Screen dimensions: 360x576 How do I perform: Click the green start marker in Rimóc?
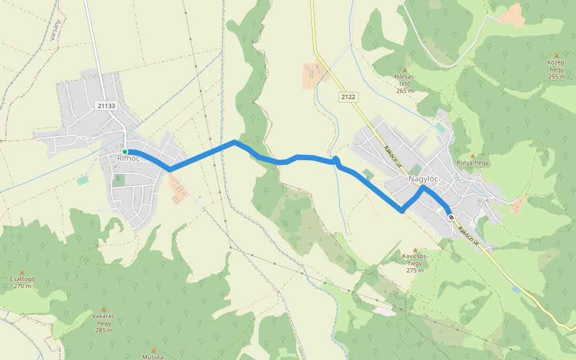(x=125, y=152)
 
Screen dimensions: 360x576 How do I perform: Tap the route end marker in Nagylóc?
(x=451, y=217)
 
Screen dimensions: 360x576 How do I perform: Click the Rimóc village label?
(x=128, y=158)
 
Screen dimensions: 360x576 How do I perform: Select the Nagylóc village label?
(x=423, y=179)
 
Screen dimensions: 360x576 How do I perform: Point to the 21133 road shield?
(x=106, y=106)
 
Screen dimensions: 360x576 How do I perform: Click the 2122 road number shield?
(x=347, y=96)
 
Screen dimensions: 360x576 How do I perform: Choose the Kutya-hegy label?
(x=473, y=163)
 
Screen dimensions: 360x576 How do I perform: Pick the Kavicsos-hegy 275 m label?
(x=415, y=263)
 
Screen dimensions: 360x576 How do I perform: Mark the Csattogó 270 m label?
(x=23, y=282)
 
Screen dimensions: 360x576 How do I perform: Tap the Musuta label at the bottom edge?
(x=154, y=357)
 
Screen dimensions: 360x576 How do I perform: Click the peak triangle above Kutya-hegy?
(x=473, y=155)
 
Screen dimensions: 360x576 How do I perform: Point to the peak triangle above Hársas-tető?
(x=404, y=70)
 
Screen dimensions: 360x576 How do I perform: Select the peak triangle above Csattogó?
(x=23, y=272)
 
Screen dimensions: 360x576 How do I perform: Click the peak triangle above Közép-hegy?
(x=557, y=55)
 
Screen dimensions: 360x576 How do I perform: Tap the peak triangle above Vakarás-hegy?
(x=103, y=309)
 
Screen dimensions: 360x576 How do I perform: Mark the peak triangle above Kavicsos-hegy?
(x=415, y=250)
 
